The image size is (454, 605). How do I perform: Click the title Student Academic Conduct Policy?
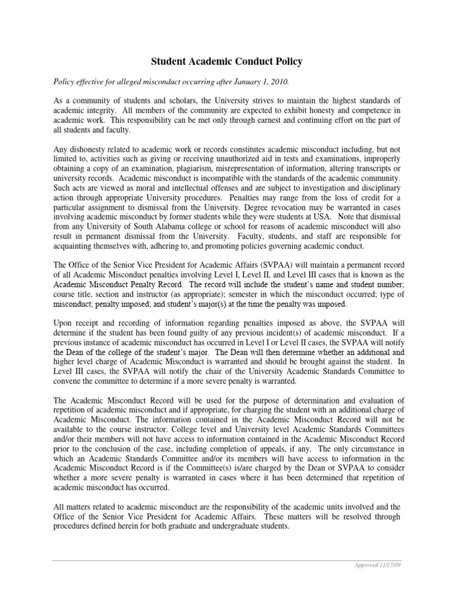point(226,61)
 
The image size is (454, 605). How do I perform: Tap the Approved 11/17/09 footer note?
point(380,565)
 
